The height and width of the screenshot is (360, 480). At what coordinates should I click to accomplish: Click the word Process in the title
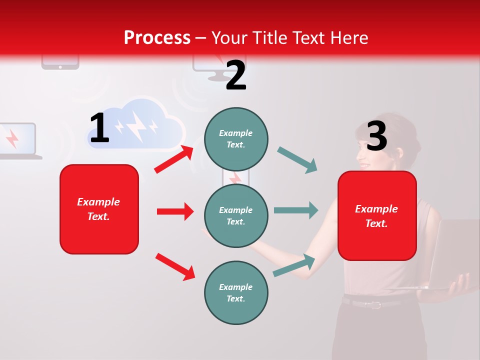point(157,38)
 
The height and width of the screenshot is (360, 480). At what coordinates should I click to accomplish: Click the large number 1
point(99,128)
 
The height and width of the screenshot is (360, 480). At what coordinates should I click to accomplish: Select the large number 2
point(236,75)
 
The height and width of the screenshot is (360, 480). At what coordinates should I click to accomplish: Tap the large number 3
point(376,136)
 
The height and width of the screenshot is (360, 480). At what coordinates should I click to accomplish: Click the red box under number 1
point(99,209)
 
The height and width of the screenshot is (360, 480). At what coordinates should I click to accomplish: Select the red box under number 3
point(377,216)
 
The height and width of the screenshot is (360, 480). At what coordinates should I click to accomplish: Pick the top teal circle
point(236,139)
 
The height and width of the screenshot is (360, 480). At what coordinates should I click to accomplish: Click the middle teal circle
point(236,215)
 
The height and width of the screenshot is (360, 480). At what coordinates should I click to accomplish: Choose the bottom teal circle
point(236,292)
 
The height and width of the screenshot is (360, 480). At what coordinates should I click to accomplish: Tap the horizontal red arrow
point(175,211)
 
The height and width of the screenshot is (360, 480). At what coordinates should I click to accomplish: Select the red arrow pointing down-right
point(175,266)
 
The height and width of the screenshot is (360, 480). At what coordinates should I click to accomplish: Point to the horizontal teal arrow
point(295,210)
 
